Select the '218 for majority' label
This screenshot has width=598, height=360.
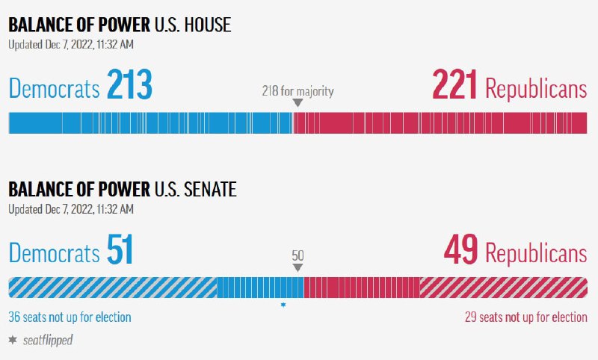pos(298,91)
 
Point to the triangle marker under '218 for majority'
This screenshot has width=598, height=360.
pos(298,103)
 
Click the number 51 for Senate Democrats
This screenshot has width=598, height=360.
pos(120,251)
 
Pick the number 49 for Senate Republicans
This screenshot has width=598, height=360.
pos(460,251)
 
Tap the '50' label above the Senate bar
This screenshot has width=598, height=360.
pos(298,255)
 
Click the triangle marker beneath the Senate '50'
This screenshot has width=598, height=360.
pos(298,267)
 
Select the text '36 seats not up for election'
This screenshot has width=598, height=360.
pos(70,317)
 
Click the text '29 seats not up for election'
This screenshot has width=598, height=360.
pos(525,317)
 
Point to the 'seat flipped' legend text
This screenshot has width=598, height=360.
pos(49,340)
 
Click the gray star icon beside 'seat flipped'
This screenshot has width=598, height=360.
pos(13,339)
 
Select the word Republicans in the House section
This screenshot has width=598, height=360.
pos(536,88)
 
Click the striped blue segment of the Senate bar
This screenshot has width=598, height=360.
pos(112,288)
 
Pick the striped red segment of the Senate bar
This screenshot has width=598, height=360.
pos(503,288)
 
